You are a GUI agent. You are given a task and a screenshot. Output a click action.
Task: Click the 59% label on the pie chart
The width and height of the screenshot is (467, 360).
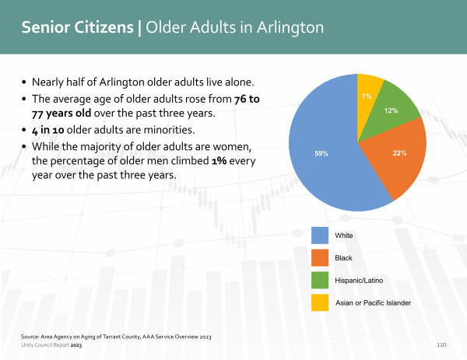[x=321, y=153]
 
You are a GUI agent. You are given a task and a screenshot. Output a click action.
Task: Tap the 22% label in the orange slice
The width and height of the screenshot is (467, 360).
[x=400, y=153]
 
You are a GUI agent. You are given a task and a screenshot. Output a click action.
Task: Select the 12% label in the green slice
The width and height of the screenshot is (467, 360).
[x=391, y=110]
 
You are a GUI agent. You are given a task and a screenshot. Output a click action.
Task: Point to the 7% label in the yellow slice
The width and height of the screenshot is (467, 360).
[x=367, y=96]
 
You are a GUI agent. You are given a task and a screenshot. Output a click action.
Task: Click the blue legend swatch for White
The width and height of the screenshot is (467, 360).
[x=320, y=236]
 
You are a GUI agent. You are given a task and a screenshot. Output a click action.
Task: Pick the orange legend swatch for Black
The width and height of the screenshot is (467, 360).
[x=320, y=257]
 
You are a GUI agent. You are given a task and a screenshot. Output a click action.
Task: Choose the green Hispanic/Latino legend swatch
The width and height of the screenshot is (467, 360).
[x=320, y=280]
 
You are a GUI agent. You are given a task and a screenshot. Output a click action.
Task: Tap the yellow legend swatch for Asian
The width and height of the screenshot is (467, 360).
[x=320, y=302]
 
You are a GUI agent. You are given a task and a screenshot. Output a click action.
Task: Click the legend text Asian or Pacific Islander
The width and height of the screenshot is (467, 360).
[x=373, y=303]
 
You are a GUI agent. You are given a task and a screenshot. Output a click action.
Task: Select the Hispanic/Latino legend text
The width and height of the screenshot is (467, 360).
[x=359, y=280]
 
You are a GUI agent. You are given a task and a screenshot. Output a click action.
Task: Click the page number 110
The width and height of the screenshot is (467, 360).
[x=441, y=344]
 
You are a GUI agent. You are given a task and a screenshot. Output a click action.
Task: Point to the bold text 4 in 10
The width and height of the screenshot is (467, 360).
[x=48, y=130]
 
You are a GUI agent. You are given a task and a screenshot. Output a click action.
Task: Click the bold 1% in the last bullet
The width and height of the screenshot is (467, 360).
[x=219, y=161]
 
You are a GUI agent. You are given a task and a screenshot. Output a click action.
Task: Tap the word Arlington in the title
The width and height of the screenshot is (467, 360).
[x=290, y=28]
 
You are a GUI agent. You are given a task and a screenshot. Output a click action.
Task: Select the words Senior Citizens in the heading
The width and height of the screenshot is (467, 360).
[x=77, y=27]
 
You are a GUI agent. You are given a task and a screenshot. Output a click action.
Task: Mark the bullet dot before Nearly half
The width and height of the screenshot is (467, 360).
[x=24, y=82]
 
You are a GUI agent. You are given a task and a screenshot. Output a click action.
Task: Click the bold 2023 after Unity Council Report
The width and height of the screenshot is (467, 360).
[x=76, y=345]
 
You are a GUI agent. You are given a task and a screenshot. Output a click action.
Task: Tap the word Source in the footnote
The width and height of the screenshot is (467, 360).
[x=30, y=337]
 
